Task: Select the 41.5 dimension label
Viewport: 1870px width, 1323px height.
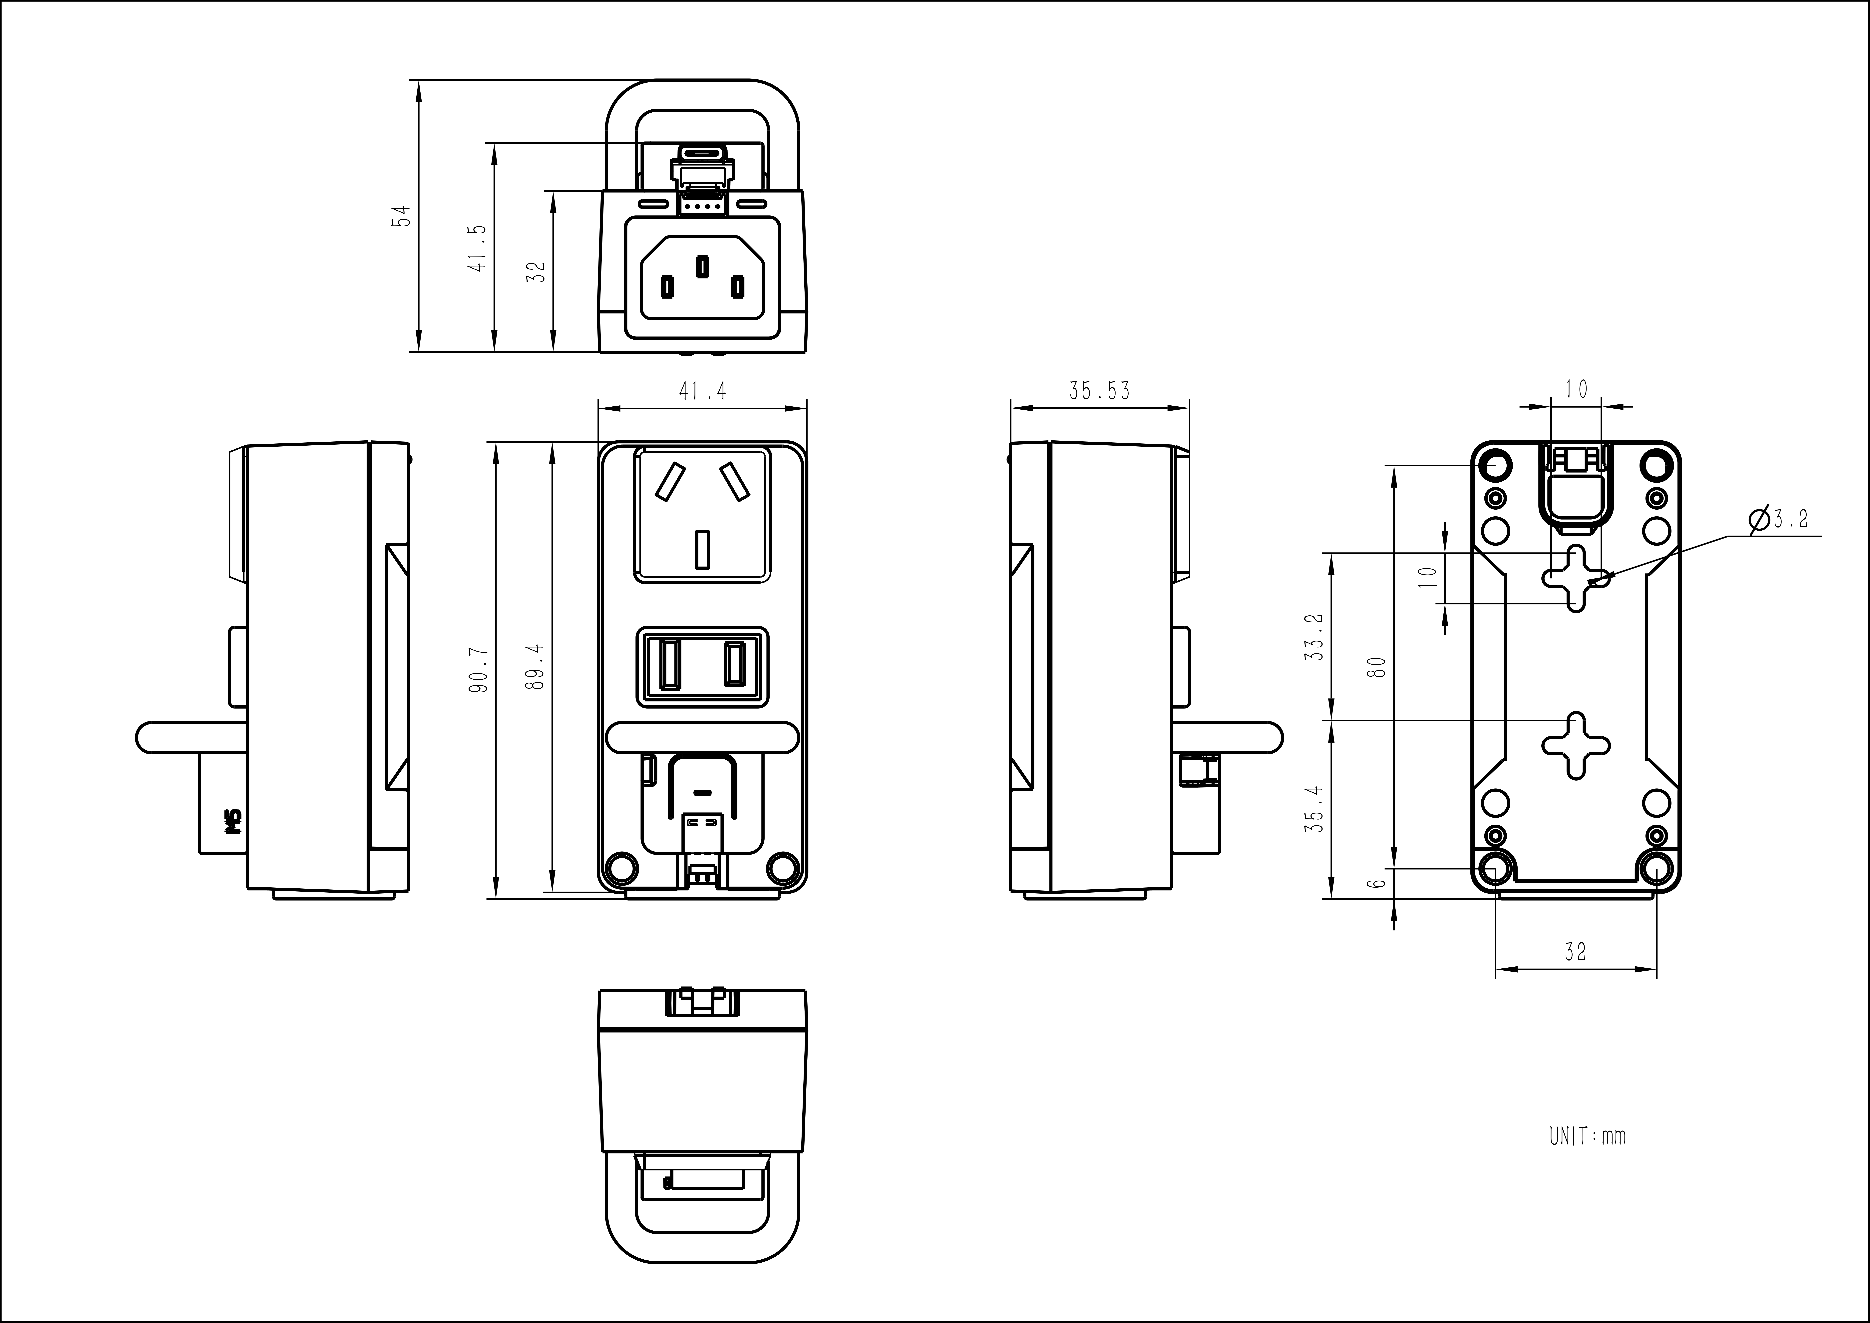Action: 478,248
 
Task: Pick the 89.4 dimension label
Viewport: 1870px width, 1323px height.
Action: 535,666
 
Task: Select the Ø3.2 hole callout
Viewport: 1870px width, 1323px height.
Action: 1780,519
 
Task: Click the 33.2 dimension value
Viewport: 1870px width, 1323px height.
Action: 1313,637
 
